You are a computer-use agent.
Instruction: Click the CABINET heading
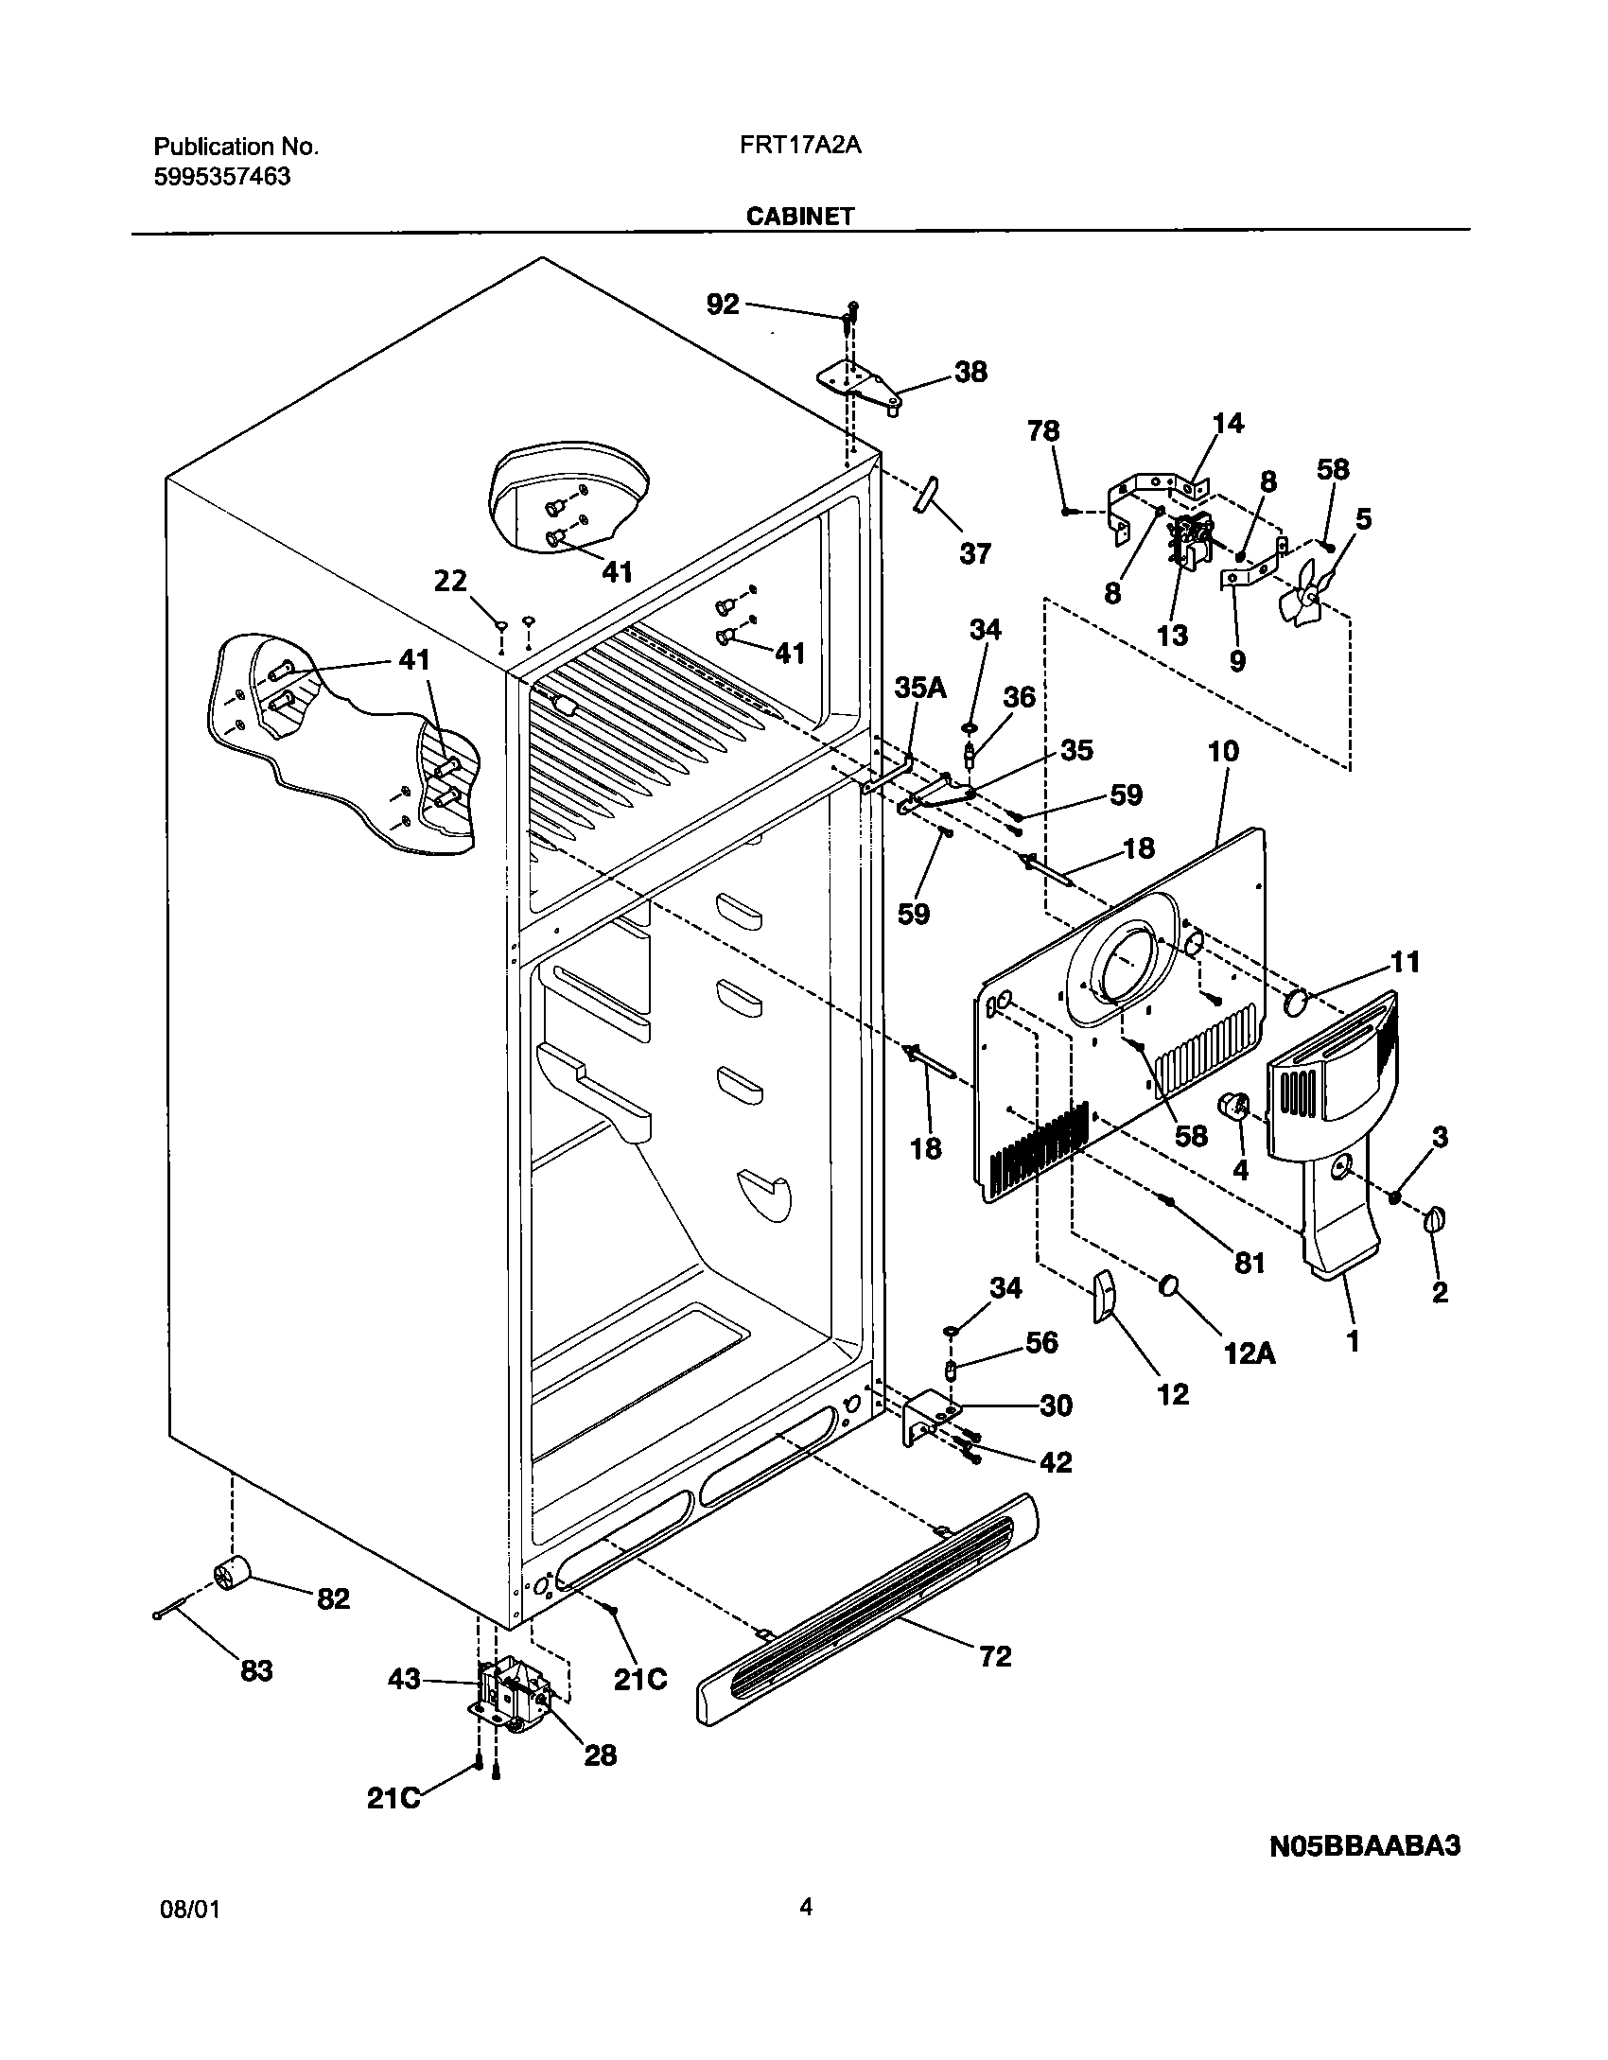point(800,217)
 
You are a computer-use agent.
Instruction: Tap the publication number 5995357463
point(221,177)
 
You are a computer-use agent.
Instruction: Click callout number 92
point(724,305)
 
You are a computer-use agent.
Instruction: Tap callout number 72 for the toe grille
point(995,1655)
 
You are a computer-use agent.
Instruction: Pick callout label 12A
point(1250,1353)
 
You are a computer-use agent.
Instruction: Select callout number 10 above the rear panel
point(1223,752)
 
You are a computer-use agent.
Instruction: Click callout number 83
point(255,1670)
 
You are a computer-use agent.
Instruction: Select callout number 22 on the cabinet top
point(450,581)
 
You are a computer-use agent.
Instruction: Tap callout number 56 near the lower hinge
point(1041,1342)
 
